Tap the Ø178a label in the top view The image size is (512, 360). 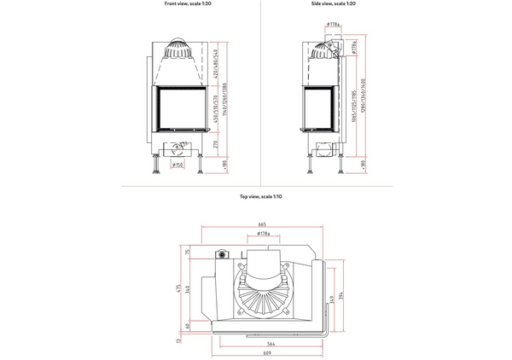click(x=263, y=234)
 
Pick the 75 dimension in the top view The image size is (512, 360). click(x=188, y=252)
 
